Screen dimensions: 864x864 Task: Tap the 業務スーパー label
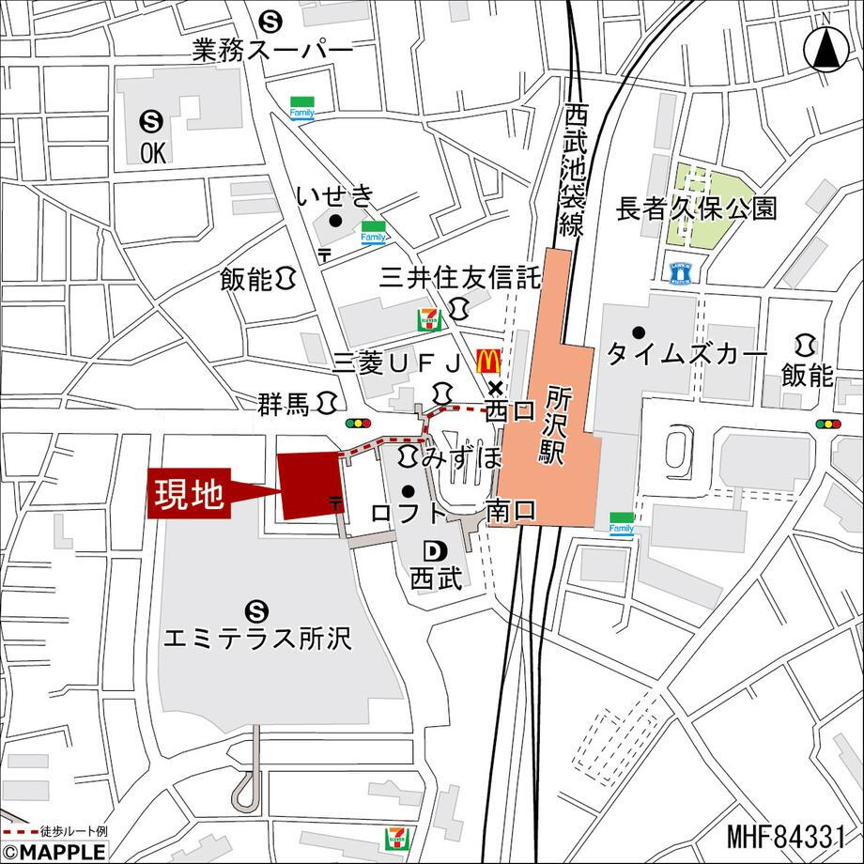pos(272,51)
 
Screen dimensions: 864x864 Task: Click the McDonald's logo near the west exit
pos(486,360)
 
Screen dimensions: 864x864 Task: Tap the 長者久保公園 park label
pos(696,208)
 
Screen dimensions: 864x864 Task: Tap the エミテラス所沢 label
pos(256,640)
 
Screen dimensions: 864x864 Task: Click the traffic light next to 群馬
pos(358,424)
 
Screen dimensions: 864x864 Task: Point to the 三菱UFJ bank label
pos(399,363)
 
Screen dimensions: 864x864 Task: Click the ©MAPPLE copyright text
pos(54,852)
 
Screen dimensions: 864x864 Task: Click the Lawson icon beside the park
pos(681,272)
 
